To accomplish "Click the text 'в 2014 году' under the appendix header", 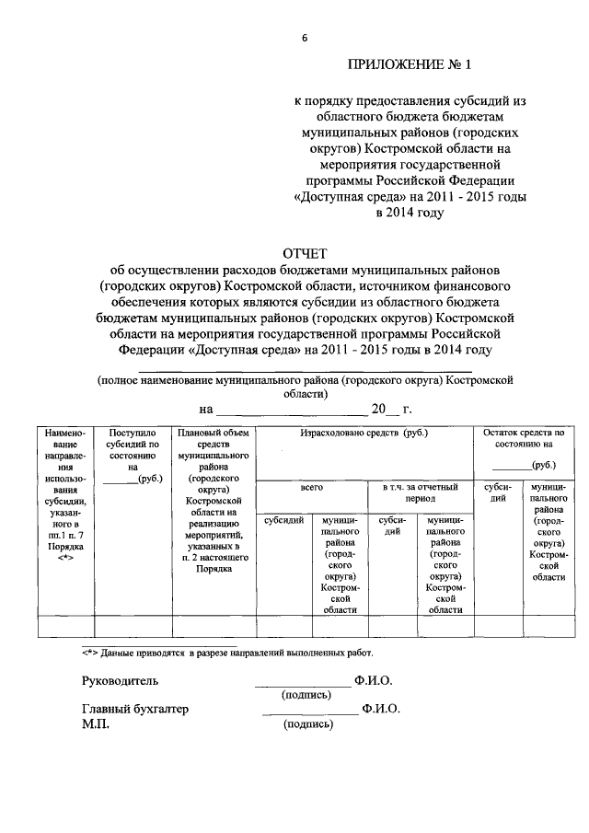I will click(x=408, y=213).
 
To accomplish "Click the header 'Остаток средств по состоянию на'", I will click(x=523, y=437).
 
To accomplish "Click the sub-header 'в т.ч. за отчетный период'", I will click(x=420, y=491).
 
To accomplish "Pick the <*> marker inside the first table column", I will click(x=64, y=558).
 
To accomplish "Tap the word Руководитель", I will click(x=120, y=681).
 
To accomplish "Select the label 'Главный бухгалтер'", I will click(x=135, y=709).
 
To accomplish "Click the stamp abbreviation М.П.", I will click(x=95, y=724).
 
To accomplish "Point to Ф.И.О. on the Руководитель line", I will click(x=373, y=681).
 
